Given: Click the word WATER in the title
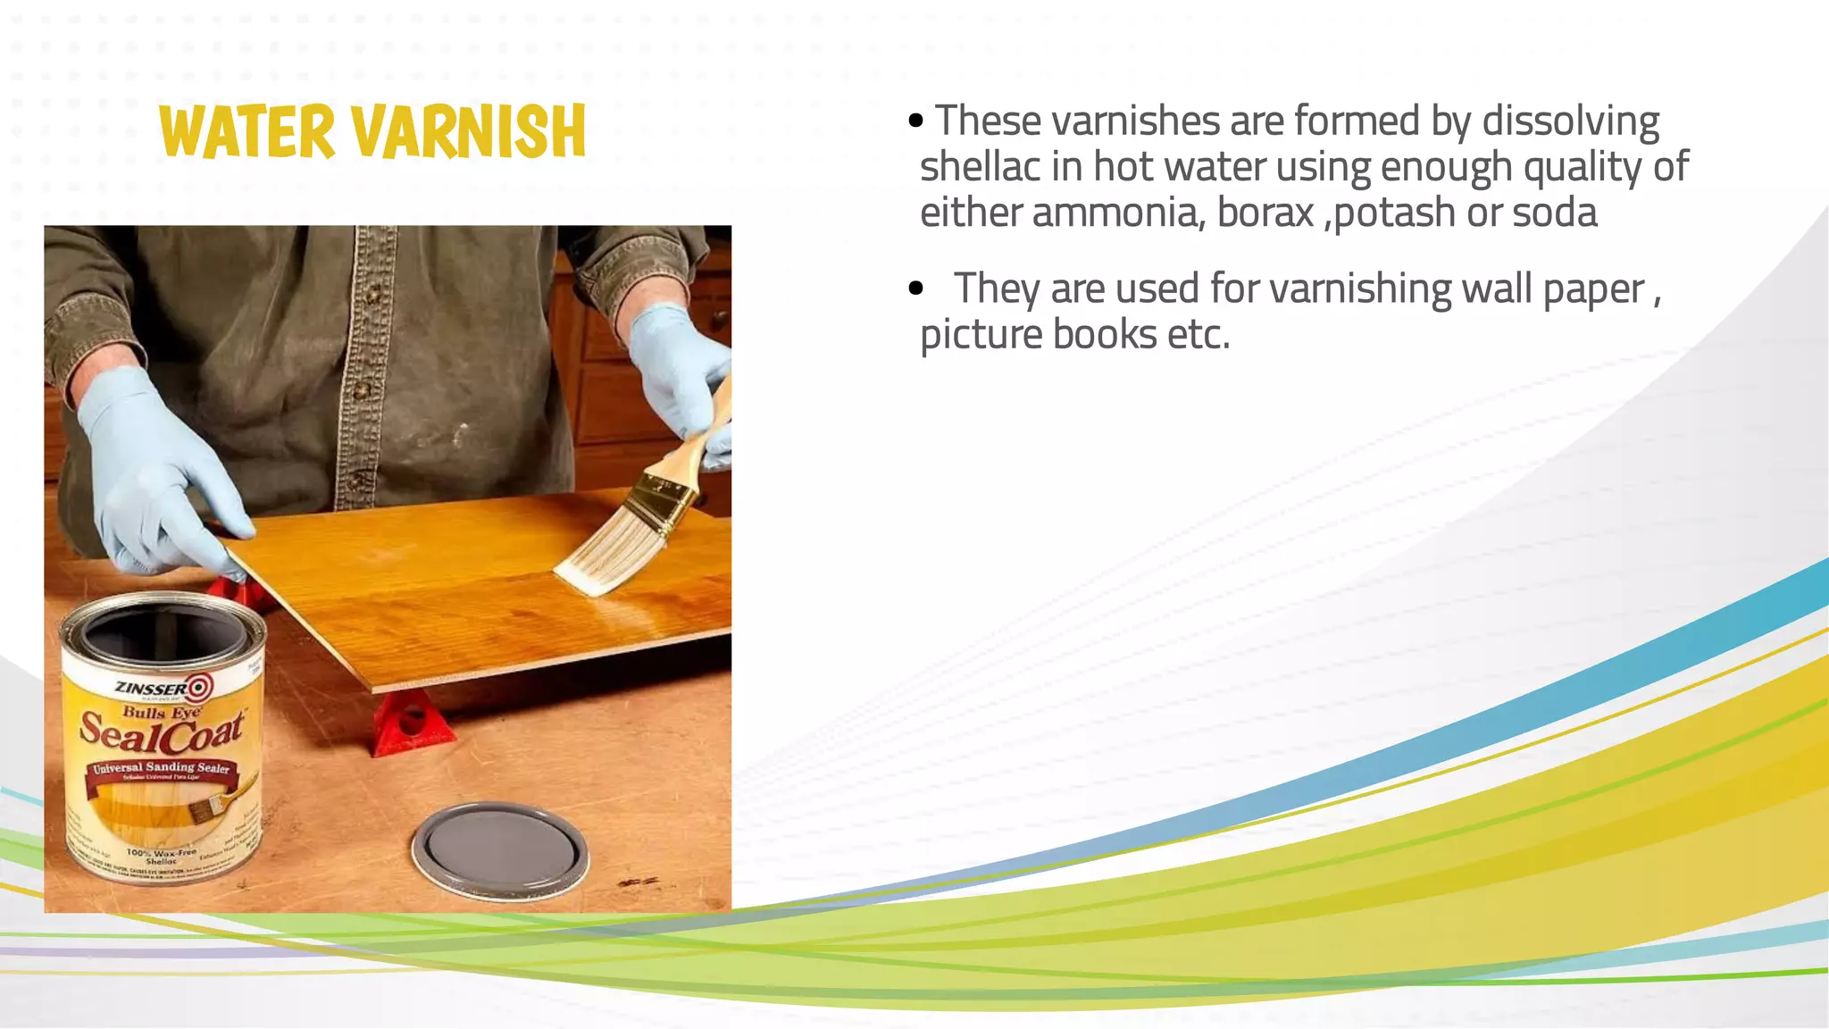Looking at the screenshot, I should pos(246,132).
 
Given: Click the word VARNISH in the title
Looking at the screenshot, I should pos(469,132).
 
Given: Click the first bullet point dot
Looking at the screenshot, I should pos(915,121).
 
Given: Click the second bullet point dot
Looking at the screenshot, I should pos(915,289).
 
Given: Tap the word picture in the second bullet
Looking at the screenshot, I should pos(980,336).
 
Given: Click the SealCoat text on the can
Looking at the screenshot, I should pos(162,732).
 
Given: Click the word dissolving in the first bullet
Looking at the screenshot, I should pos(1570,121).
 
